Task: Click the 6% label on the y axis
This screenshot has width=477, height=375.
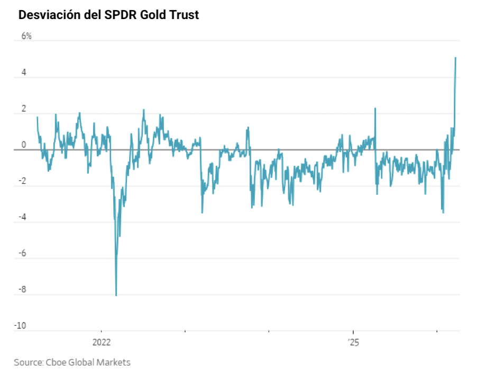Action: (26, 37)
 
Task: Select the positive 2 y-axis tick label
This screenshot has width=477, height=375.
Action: (23, 109)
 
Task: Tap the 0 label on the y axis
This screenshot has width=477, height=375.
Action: (23, 145)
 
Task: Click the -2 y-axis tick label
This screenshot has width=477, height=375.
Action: (22, 181)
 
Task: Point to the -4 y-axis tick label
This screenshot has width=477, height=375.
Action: (22, 217)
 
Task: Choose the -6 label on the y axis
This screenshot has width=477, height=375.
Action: (22, 254)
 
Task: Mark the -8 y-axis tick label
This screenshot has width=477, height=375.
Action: (22, 290)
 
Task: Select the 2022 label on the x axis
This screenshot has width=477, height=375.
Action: (101, 343)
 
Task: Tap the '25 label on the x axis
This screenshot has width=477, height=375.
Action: (353, 343)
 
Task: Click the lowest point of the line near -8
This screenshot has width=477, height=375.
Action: (116, 295)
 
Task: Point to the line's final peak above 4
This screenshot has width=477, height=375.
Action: (456, 58)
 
